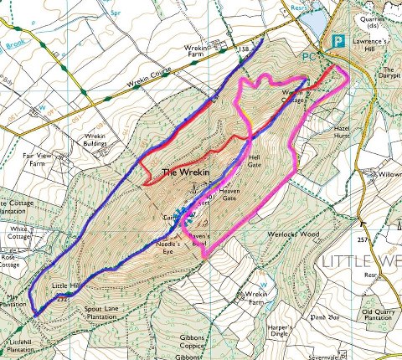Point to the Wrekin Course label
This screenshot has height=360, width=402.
(x=126, y=84)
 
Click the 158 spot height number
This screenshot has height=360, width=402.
(x=245, y=50)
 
